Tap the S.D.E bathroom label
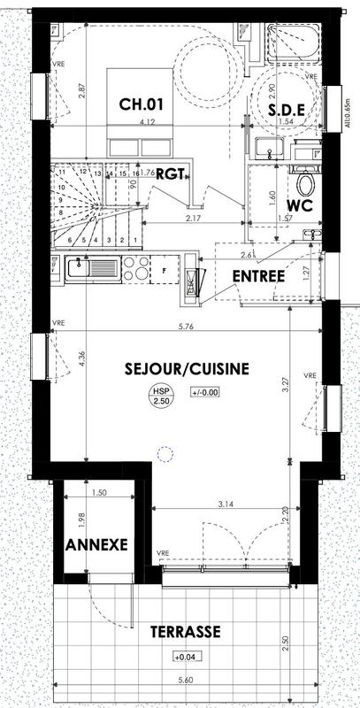click(287, 110)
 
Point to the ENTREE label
click(258, 276)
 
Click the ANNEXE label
click(96, 544)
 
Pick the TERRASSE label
click(185, 632)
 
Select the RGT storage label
click(170, 174)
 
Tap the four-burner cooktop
click(138, 269)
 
